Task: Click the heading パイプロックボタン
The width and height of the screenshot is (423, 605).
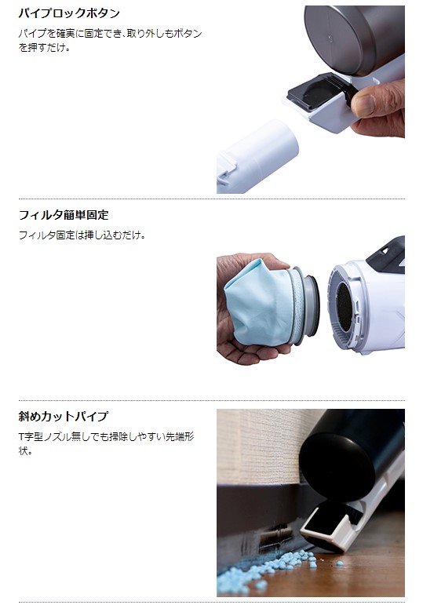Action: [x=70, y=13]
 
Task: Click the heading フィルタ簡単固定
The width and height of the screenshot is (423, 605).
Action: [x=64, y=215]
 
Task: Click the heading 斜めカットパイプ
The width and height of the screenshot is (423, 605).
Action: [x=64, y=417]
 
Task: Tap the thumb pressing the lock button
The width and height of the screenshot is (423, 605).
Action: [x=376, y=100]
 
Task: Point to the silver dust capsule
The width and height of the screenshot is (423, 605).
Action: [x=354, y=38]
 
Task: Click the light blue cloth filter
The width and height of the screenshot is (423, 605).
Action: [x=259, y=302]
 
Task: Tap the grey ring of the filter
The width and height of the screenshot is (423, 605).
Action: [x=308, y=305]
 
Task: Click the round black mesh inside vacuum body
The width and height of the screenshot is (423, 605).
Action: [x=344, y=306]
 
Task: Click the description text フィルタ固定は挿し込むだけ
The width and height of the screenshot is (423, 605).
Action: [x=82, y=235]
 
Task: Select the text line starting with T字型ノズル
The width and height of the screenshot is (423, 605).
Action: [x=106, y=437]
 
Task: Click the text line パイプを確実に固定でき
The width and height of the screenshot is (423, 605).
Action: [x=111, y=34]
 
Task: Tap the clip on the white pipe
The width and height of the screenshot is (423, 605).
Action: [x=227, y=173]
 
